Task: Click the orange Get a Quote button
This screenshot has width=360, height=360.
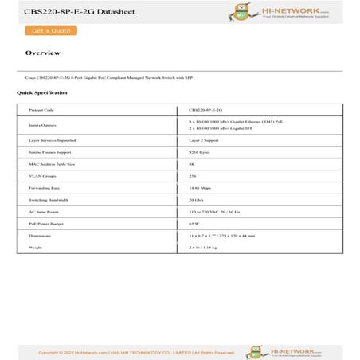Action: point(50,30)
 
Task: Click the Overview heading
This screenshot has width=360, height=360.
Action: point(42,53)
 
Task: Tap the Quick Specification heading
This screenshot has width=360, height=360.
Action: point(41,93)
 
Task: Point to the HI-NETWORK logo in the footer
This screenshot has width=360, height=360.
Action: point(284,351)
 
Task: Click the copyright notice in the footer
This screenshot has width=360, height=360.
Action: point(137,352)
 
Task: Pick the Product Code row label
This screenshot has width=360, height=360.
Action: point(41,110)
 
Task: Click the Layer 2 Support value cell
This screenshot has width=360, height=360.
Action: point(205,139)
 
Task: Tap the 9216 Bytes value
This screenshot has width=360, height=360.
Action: point(200,151)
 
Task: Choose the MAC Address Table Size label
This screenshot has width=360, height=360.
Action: point(52,163)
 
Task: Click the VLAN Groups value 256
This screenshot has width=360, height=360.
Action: point(193,175)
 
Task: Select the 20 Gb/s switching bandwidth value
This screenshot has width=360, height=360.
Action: point(197,199)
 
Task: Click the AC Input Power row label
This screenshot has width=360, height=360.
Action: point(44,212)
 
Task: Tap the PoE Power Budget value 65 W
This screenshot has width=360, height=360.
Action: point(194,224)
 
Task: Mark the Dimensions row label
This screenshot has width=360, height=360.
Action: point(40,236)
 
